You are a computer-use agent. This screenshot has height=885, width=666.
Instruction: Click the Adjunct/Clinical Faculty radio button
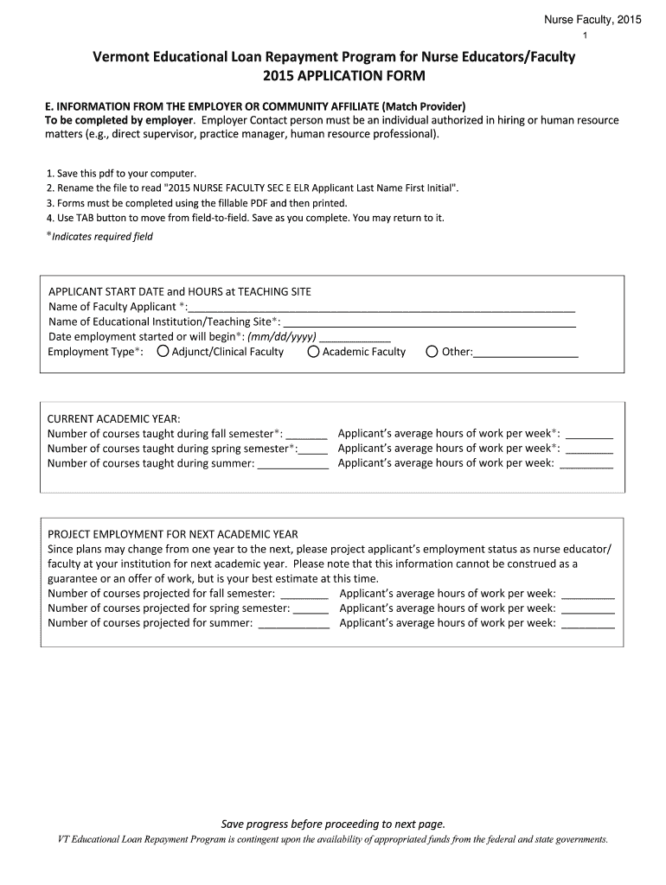(163, 352)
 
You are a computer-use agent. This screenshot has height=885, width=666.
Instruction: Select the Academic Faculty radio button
(313, 352)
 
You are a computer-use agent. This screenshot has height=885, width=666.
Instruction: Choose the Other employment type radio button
(432, 352)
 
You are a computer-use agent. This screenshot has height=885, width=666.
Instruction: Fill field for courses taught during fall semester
(306, 434)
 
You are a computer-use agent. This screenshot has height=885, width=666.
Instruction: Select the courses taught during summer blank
(293, 463)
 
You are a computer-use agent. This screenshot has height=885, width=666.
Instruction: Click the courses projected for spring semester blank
(304, 608)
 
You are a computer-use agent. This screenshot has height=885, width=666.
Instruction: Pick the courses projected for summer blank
(294, 623)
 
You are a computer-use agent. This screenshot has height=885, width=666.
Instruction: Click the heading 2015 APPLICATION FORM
(333, 76)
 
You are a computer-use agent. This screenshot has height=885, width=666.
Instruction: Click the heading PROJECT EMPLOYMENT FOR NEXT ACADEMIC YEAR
(172, 534)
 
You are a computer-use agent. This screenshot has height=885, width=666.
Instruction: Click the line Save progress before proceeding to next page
(333, 824)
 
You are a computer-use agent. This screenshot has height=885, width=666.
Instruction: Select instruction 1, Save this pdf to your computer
(121, 173)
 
